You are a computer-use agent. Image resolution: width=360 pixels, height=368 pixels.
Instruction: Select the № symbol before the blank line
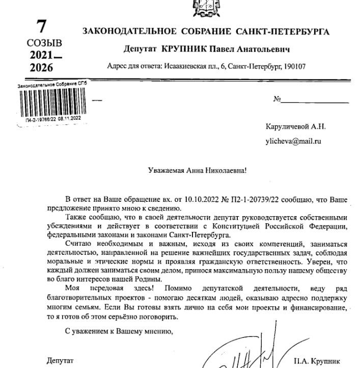click(x=278, y=99)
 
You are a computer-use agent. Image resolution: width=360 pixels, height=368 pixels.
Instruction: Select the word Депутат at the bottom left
click(x=60, y=360)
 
